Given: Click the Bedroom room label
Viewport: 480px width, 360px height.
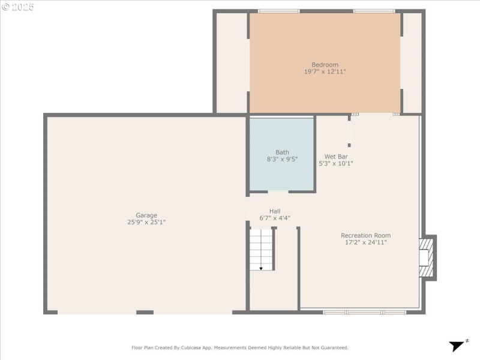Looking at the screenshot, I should click(325, 65).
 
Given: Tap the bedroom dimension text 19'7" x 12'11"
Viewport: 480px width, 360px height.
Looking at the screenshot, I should click(325, 72).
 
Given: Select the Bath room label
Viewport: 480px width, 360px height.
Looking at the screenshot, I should click(282, 152).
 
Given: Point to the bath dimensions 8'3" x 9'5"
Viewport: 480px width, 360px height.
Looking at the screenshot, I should click(282, 160).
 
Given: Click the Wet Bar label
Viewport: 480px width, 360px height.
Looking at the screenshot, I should click(336, 156).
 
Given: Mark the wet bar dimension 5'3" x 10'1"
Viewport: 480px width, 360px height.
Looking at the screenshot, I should click(336, 163).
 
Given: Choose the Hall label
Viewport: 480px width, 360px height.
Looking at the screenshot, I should click(275, 211).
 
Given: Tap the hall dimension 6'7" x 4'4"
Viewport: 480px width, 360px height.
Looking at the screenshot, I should click(275, 218).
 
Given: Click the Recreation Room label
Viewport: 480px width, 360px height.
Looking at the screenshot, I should click(365, 236).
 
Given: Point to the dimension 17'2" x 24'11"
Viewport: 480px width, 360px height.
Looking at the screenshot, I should click(365, 243).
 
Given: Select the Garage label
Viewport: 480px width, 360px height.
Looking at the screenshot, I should click(146, 215).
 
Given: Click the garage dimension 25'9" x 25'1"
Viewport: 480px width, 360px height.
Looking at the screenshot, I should click(146, 223).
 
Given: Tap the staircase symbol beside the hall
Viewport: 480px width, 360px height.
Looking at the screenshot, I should click(261, 249).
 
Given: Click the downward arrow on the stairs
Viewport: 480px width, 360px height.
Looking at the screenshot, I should click(261, 268).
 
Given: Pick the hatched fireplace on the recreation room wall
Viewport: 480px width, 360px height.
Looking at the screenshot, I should click(426, 257).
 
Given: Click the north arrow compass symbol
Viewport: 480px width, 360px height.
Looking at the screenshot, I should click(458, 345).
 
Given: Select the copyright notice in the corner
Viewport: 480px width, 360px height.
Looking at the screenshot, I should click(18, 7).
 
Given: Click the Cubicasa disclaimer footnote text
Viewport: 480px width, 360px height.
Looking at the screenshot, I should click(240, 347).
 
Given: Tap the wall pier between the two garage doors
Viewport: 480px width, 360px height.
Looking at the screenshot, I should click(145, 312).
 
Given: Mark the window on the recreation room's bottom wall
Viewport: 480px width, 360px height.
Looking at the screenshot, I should click(364, 312).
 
